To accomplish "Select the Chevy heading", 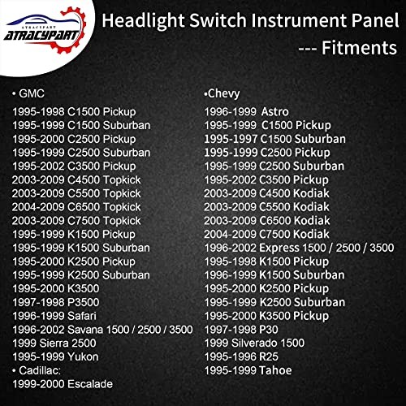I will [224, 93].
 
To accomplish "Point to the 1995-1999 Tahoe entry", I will [248, 371].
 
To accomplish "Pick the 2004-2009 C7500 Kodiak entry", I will [265, 235].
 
